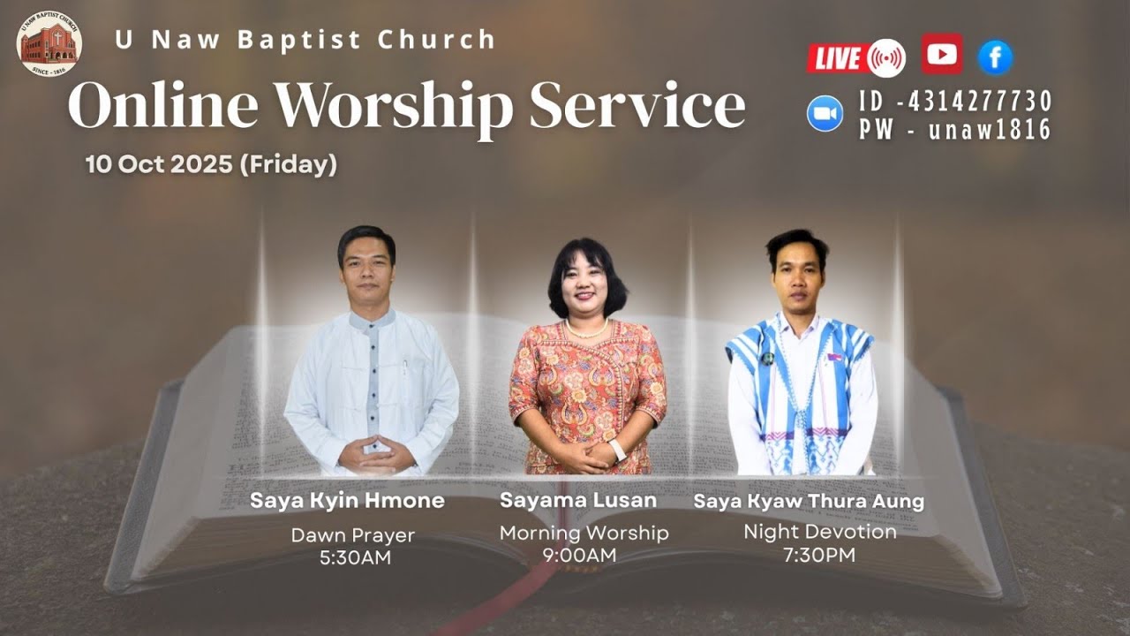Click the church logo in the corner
point(49,43)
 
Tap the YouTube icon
point(942,55)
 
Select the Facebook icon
point(995,58)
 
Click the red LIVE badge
point(838,58)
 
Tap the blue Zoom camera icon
point(825,114)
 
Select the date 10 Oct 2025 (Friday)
point(211,164)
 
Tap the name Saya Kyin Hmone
point(347,501)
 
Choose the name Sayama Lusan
point(578,500)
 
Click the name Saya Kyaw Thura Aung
point(809,502)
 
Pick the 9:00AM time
point(580,556)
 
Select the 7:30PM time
point(819,555)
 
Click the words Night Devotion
point(819,532)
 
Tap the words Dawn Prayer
point(352,535)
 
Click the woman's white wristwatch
point(618,450)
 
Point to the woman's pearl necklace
point(586,331)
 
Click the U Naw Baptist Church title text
point(305,40)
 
